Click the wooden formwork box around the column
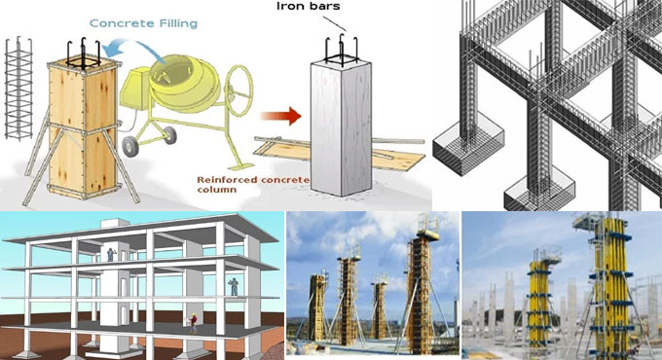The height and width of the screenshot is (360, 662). [x=84, y=126]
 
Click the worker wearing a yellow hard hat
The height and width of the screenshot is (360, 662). [x=194, y=320]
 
